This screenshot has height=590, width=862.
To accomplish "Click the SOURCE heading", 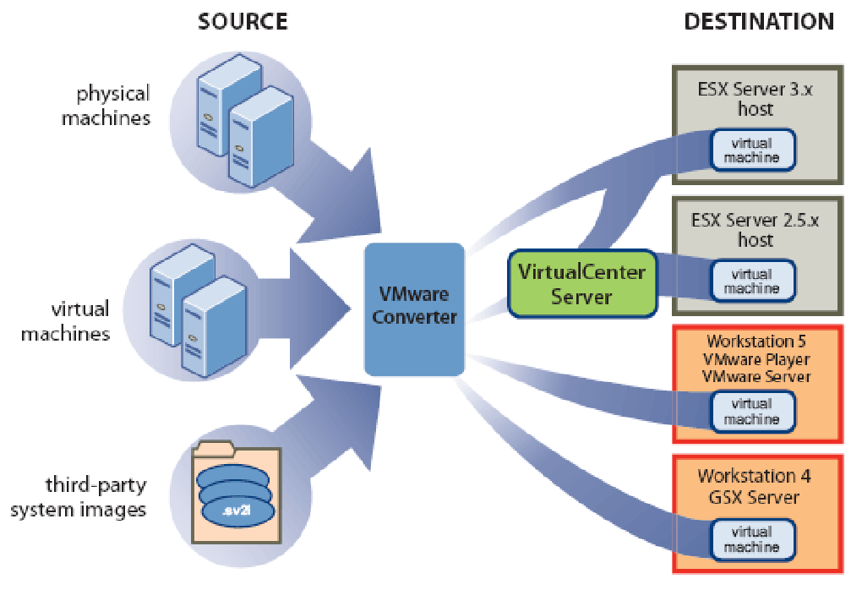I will tap(243, 21).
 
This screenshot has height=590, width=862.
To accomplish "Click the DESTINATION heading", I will tap(758, 21).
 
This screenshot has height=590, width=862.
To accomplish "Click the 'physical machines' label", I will tap(106, 105).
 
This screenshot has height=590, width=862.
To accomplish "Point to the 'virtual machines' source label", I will tap(65, 322).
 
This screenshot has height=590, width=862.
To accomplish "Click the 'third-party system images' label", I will tap(96, 498).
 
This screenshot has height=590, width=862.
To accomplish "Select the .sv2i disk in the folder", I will tap(237, 511).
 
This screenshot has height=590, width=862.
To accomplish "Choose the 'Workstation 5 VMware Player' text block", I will tap(756, 358).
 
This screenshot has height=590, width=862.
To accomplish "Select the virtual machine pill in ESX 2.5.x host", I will tap(751, 281).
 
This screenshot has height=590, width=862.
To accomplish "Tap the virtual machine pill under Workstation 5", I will tap(751, 412).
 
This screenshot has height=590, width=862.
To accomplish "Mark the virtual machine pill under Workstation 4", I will tap(751, 539).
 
